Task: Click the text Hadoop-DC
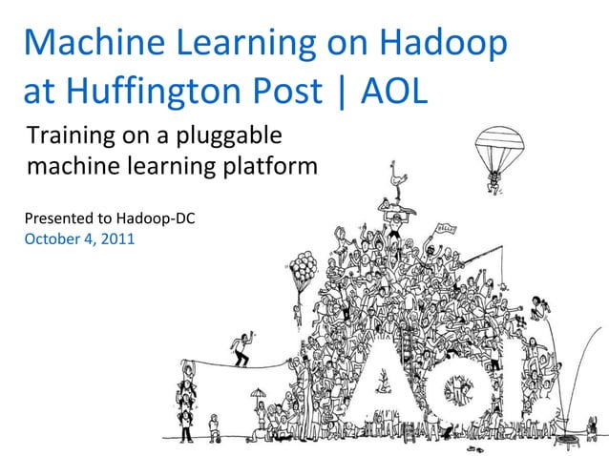click(155, 218)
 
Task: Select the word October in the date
click(53, 238)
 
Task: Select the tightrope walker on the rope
click(241, 348)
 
